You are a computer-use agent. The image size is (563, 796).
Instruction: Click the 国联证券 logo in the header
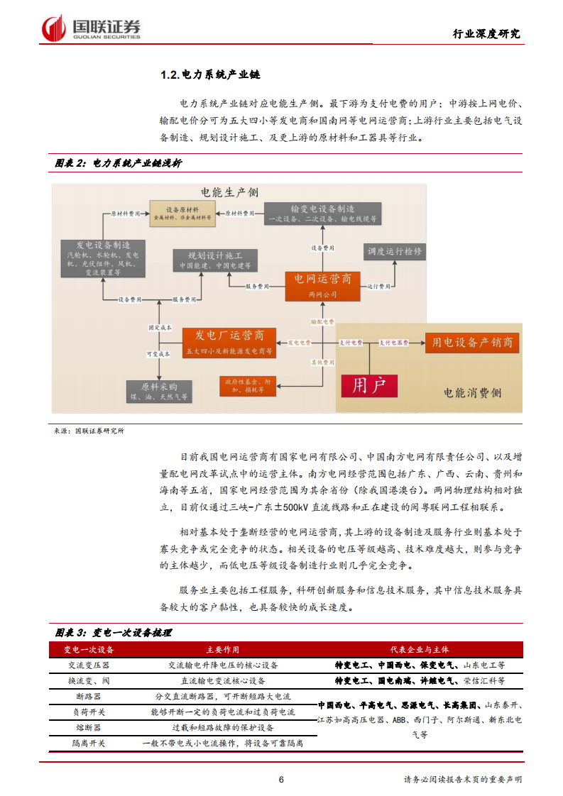92,28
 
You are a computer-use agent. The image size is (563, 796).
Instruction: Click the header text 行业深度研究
486,33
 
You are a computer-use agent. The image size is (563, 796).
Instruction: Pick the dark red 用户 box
369,386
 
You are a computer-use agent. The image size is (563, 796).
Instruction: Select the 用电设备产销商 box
473,343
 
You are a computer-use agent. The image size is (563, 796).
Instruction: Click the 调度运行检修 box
394,252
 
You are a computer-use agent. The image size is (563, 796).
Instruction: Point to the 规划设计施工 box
214,259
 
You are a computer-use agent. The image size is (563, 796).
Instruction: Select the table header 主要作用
223,650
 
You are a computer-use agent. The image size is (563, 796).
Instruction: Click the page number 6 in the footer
281,780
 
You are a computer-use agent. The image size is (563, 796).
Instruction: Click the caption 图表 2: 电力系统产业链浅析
119,163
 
